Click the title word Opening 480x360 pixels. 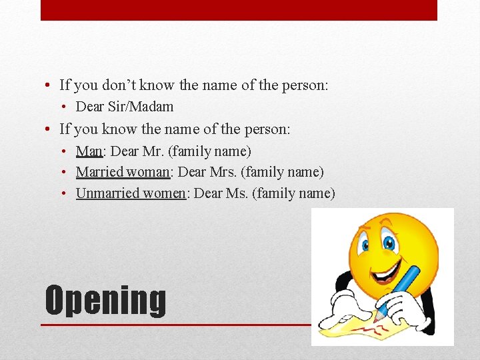105,300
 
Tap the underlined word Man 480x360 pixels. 89,151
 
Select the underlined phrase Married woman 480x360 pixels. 123,172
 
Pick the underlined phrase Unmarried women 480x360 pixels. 130,193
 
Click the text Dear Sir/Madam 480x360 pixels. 125,106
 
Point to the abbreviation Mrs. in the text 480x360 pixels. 222,172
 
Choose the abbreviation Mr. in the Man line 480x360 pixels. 153,151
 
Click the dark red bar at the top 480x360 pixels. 239,10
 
